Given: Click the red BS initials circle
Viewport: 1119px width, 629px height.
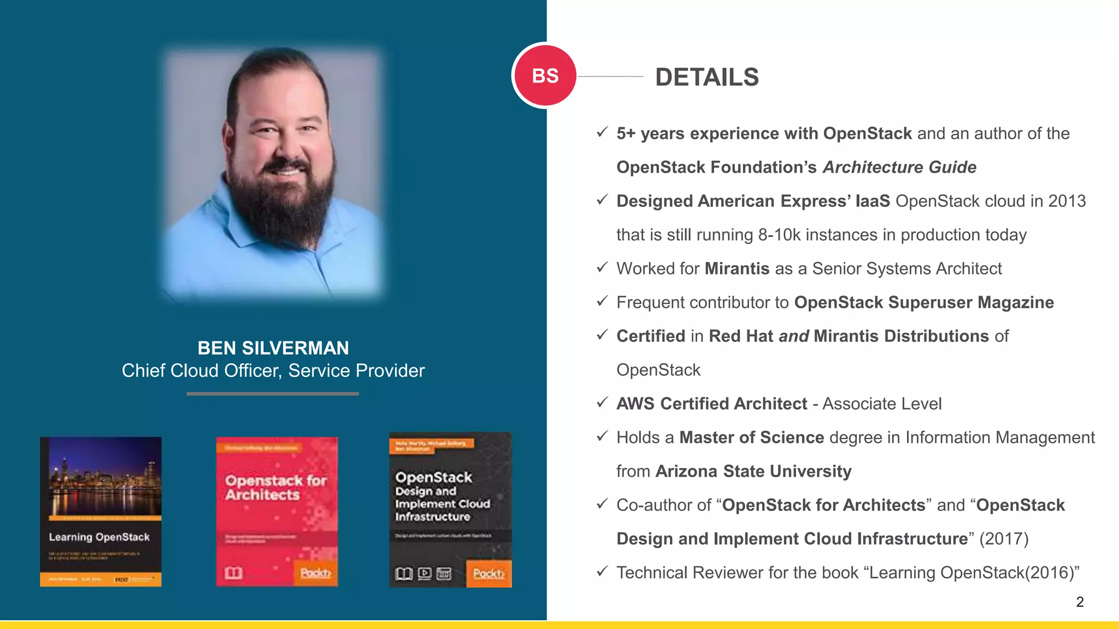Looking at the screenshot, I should (545, 75).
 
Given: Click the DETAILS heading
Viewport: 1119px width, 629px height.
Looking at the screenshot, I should (706, 77).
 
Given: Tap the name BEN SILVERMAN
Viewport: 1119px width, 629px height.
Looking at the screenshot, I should (273, 348).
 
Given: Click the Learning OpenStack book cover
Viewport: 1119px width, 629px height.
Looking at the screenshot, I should (101, 512).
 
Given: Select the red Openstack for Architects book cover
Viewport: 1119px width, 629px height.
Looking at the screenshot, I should (276, 512).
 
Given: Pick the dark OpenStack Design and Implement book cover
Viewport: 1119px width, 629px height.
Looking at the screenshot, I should (450, 510).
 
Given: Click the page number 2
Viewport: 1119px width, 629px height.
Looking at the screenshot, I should (1080, 602).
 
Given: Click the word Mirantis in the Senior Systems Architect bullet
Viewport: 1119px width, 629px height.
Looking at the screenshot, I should (737, 269).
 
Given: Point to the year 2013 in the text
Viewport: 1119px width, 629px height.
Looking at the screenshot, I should (1067, 201).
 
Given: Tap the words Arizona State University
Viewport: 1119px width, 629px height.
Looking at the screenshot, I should (753, 471).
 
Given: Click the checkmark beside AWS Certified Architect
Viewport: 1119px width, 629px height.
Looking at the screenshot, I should (602, 403).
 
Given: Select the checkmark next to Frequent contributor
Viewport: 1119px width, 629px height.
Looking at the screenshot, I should (602, 301).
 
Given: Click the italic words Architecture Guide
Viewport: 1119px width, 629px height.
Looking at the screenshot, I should (899, 167).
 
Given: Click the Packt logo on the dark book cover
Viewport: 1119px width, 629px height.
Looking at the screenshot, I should (488, 573).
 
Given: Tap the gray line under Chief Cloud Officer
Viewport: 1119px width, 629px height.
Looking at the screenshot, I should (273, 393).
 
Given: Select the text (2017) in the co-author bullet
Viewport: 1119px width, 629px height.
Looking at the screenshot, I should (1004, 539).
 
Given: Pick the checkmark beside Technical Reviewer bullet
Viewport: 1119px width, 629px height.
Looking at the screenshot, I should (602, 572).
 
